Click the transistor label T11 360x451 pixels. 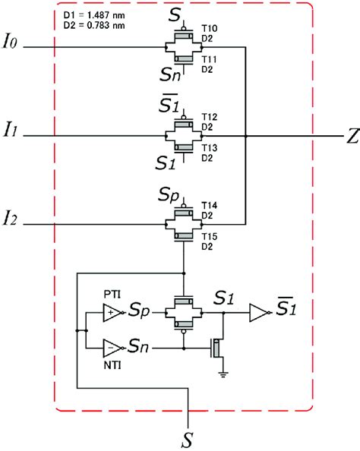pos(210,58)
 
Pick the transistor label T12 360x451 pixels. pos(210,117)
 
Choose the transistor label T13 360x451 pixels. pos(210,147)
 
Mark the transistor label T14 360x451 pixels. pos(210,205)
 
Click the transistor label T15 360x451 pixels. pos(210,237)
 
